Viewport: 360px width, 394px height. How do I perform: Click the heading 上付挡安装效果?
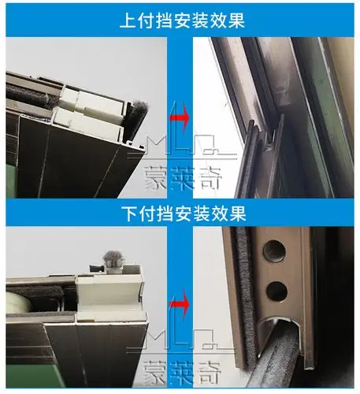pos(180,20)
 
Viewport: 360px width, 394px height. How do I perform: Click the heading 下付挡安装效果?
pos(180,213)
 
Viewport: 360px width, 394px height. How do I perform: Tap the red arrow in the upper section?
pos(180,118)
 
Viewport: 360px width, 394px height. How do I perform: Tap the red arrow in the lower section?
pos(180,300)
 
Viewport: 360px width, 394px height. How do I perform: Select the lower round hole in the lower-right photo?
pos(276,291)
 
